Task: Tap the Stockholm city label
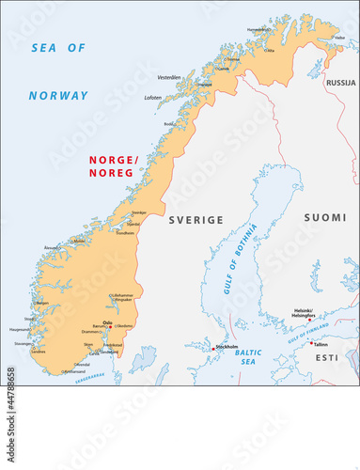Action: click(227, 347)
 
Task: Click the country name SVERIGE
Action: click(196, 220)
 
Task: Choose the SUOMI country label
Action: click(324, 217)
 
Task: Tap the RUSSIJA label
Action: click(339, 84)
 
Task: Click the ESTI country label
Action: click(325, 358)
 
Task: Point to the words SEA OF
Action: click(57, 47)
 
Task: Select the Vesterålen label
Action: click(169, 77)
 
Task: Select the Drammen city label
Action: click(90, 331)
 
